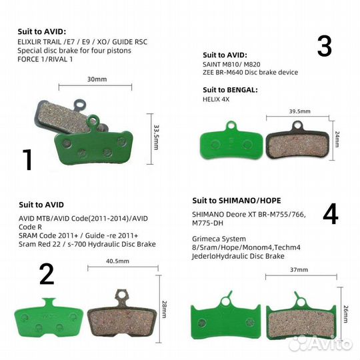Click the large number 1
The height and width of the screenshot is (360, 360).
click(27, 159)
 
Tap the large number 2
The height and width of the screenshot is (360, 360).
click(47, 274)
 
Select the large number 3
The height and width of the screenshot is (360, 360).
click(325, 46)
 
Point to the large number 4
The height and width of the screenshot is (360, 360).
click(331, 214)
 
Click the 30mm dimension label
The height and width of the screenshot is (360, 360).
click(97, 79)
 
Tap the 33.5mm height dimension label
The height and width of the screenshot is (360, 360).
click(156, 137)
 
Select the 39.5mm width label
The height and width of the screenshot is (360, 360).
click(299, 111)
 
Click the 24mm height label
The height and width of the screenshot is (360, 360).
click(337, 139)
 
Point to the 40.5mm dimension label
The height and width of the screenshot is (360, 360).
click(117, 261)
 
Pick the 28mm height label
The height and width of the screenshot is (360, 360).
click(165, 309)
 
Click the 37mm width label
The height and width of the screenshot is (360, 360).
click(299, 269)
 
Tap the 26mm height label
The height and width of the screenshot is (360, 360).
click(346, 314)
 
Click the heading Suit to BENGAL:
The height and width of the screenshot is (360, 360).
click(230, 90)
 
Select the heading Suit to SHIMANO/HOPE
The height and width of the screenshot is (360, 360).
click(237, 201)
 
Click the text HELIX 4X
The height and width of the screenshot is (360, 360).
click(216, 99)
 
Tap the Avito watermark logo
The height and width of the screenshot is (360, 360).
click(321, 344)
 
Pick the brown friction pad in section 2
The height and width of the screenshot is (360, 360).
click(122, 319)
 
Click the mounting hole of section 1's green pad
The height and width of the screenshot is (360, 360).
click(93, 120)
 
